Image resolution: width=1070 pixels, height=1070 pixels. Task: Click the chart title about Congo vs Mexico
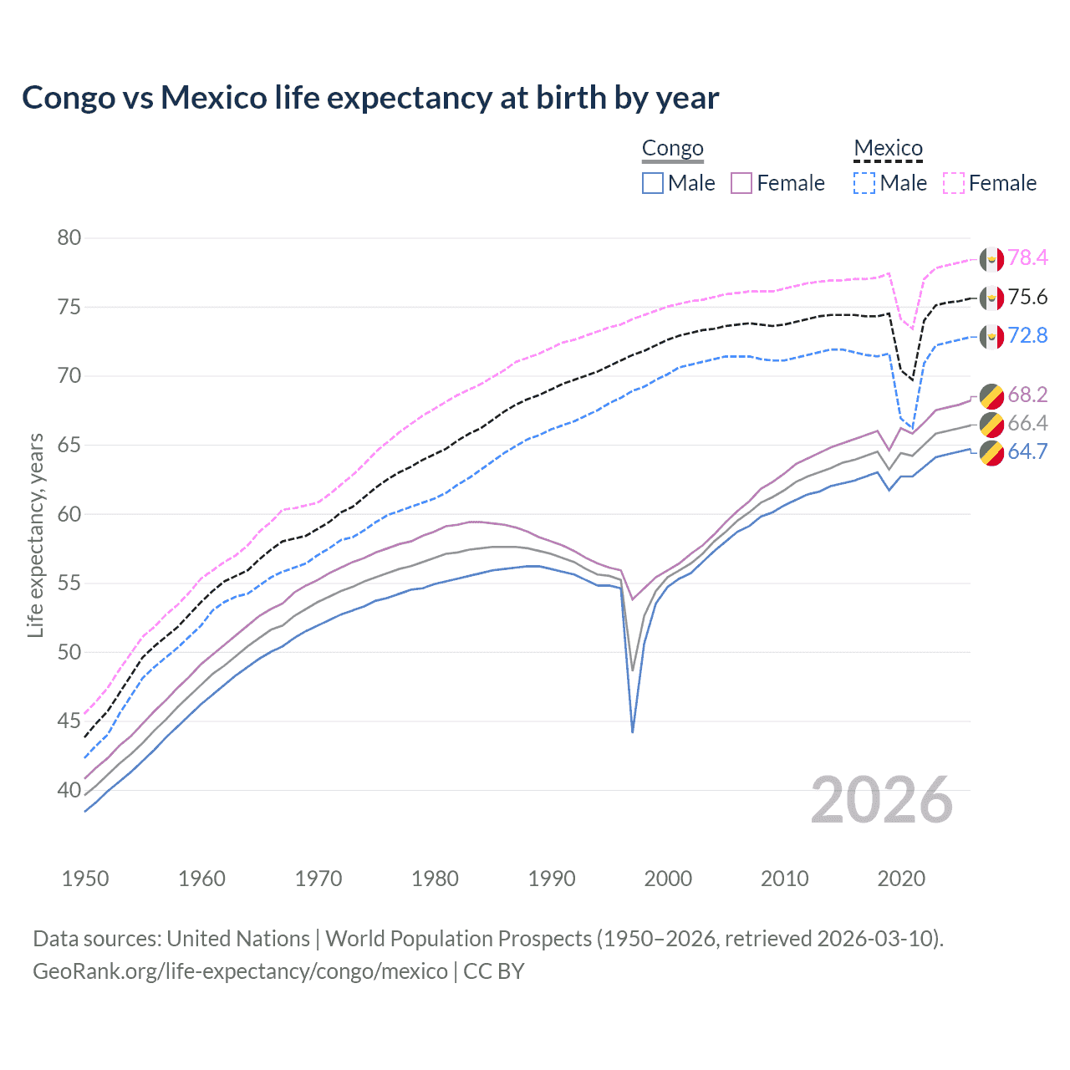click(x=370, y=98)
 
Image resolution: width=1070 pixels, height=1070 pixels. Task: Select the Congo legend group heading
click(x=672, y=149)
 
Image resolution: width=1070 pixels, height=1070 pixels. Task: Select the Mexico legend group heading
click(x=888, y=149)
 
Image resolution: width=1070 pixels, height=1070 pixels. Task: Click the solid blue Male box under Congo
click(x=653, y=183)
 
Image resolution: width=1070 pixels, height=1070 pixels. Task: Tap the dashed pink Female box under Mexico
click(x=954, y=183)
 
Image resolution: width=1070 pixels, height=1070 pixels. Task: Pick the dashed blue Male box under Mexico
click(x=864, y=183)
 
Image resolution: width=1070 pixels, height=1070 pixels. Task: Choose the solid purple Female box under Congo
click(x=741, y=183)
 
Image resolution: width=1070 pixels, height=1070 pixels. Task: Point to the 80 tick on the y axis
click(x=69, y=238)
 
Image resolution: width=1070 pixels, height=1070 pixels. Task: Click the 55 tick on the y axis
click(x=69, y=583)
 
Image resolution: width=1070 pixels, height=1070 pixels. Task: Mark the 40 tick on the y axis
click(x=69, y=790)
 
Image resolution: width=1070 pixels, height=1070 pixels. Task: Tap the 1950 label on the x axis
click(x=85, y=879)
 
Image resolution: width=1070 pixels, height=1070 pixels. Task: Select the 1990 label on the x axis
click(x=552, y=879)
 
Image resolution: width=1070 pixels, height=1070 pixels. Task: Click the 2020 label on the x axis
click(x=901, y=879)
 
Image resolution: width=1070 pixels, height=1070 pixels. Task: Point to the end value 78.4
click(x=1027, y=257)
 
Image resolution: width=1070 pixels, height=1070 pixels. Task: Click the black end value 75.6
click(x=1027, y=298)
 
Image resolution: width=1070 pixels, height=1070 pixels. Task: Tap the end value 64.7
click(x=1027, y=452)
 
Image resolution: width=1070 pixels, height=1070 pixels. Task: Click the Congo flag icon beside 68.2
click(x=991, y=396)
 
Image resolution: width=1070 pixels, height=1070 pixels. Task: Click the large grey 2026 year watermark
click(x=882, y=800)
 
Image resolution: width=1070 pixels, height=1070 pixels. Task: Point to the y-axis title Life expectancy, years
click(x=36, y=535)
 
